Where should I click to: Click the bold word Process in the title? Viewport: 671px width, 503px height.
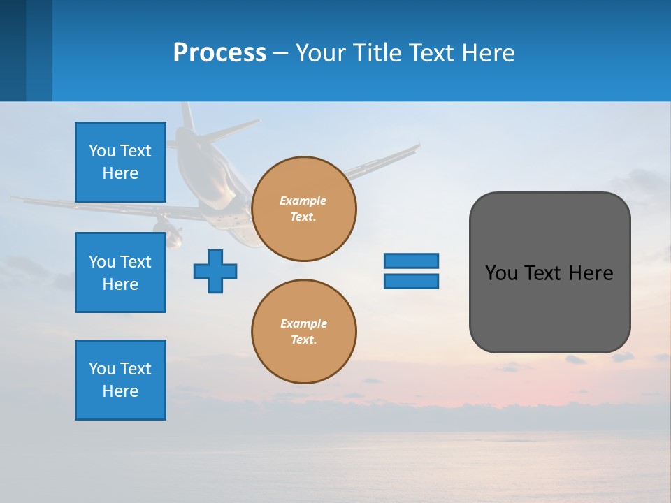[x=219, y=52]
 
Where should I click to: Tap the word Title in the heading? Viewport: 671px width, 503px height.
[x=377, y=52]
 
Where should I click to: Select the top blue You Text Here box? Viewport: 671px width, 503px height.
[x=120, y=162]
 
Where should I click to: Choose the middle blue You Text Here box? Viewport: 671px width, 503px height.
[x=120, y=272]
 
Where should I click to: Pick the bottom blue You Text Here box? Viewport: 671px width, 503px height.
[x=120, y=380]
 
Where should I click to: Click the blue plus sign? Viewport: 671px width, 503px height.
[x=215, y=271]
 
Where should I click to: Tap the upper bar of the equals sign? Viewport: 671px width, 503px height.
[x=411, y=261]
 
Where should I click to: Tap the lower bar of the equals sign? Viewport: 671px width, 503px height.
[x=411, y=282]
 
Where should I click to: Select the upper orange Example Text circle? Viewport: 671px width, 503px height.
[x=304, y=209]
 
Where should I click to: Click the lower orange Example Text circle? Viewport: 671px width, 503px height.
[x=304, y=332]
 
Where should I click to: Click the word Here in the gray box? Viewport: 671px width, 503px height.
[x=591, y=273]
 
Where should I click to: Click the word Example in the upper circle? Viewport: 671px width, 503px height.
[x=303, y=201]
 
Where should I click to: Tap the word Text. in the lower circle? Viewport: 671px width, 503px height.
[x=303, y=340]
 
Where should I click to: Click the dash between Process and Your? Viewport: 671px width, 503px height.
[x=281, y=53]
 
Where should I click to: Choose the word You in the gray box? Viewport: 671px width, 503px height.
[x=501, y=273]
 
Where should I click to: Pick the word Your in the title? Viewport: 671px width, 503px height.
[x=323, y=52]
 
